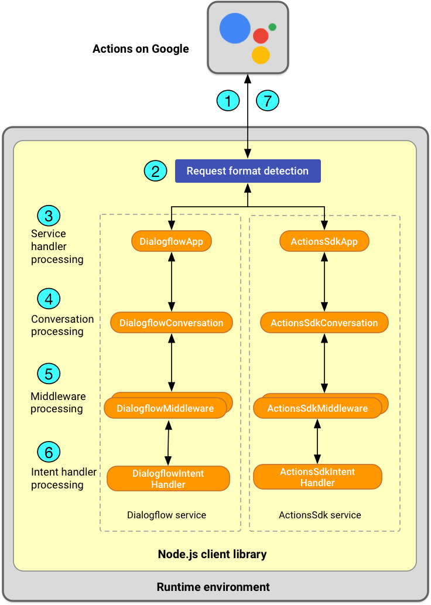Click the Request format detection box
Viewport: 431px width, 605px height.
click(248, 171)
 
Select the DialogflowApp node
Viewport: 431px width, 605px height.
click(172, 241)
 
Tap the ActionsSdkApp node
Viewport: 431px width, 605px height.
click(324, 241)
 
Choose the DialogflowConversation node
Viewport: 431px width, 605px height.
click(171, 323)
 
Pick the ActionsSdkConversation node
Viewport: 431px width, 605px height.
click(324, 323)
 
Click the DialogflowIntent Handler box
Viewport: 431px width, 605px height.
click(168, 478)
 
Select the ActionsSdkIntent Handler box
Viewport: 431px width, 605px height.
click(317, 477)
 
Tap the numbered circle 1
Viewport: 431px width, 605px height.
click(228, 101)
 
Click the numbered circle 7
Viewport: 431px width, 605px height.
click(268, 101)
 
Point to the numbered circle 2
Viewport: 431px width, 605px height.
click(155, 171)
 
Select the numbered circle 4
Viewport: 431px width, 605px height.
click(49, 299)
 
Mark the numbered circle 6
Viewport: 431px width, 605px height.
click(49, 452)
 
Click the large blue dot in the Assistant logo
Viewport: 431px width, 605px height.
click(235, 28)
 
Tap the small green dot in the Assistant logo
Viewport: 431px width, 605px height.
click(272, 27)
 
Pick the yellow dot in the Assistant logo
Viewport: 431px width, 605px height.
click(261, 55)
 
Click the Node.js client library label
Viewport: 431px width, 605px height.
click(212, 554)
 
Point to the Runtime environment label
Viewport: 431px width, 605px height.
click(213, 587)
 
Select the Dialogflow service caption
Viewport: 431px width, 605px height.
click(166, 515)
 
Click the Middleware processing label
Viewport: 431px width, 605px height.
click(57, 402)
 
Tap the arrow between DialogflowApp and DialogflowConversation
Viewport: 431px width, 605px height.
click(172, 282)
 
